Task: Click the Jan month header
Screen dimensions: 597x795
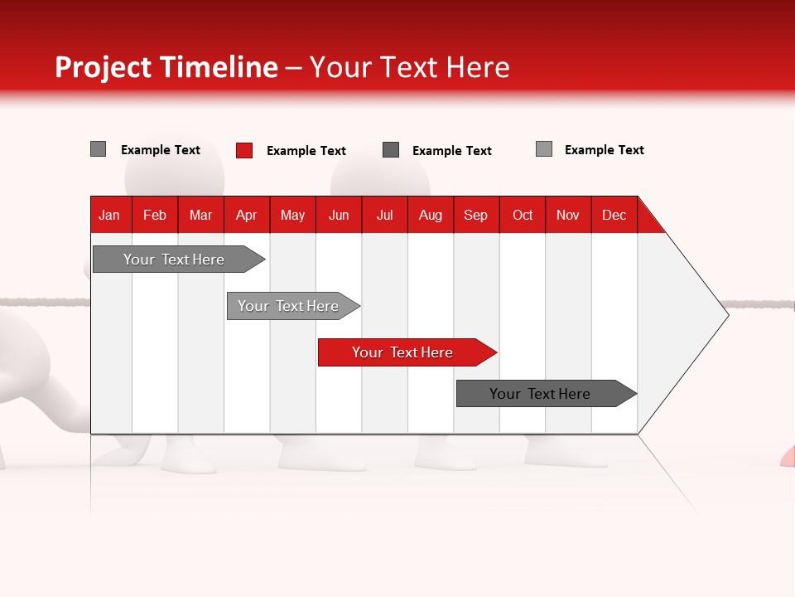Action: click(110, 215)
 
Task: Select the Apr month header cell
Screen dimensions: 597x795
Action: click(247, 215)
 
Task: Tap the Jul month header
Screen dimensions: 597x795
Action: click(384, 215)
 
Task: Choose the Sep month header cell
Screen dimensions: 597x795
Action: click(475, 215)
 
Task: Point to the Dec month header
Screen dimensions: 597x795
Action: click(614, 215)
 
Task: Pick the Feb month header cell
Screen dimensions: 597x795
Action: click(155, 215)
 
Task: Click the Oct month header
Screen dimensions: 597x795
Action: click(523, 215)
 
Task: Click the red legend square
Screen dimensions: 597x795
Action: click(244, 150)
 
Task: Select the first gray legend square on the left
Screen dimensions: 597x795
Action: click(99, 149)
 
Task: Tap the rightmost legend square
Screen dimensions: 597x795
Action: click(544, 149)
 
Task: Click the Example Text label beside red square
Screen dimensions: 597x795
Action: click(306, 151)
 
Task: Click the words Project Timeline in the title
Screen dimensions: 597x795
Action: click(166, 67)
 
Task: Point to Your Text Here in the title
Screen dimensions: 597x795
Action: click(409, 67)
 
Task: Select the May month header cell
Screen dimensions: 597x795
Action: click(292, 215)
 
